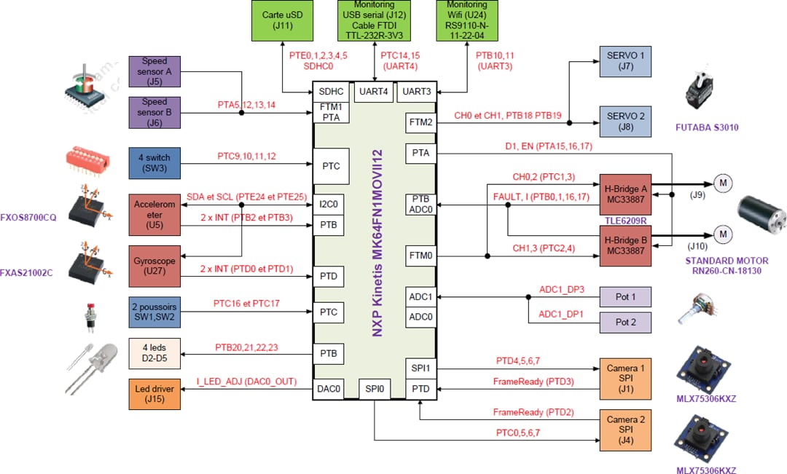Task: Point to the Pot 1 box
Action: (x=624, y=297)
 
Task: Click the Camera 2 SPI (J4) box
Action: (x=625, y=430)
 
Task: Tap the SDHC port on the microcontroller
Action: (x=331, y=92)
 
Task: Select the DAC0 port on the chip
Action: (x=329, y=390)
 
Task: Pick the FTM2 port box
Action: (x=420, y=122)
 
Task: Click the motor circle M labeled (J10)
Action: (x=722, y=234)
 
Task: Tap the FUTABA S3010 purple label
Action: (x=706, y=127)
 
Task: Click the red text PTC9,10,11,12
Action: (x=246, y=156)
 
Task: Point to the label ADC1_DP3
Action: (x=562, y=289)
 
